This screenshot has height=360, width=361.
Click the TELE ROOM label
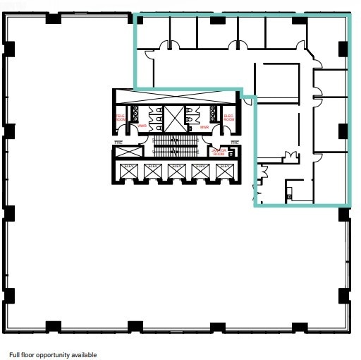tap(120, 119)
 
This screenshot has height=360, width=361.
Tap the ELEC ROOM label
tap(228, 119)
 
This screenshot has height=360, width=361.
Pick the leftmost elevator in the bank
tap(128, 170)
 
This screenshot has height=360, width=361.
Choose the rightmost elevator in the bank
tap(224, 170)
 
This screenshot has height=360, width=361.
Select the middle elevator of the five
tap(176, 170)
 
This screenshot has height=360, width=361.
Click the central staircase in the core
tap(174, 146)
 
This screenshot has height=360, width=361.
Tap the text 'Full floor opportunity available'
tap(53, 354)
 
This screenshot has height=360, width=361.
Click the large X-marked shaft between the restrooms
tap(174, 119)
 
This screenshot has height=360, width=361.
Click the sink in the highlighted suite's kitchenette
tap(290, 191)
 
